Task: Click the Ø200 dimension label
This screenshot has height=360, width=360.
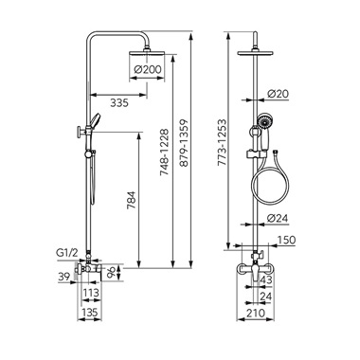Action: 148,69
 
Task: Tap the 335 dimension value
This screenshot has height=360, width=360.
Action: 119,102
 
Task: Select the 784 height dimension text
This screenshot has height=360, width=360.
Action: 131,200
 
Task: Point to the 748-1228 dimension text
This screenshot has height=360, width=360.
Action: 165,153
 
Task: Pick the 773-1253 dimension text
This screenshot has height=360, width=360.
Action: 222,142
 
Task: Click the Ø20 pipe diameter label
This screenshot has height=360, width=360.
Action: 278,94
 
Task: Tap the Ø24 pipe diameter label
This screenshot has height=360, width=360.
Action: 278,218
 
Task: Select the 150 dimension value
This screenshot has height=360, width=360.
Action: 286,240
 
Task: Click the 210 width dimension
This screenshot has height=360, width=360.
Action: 255,313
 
